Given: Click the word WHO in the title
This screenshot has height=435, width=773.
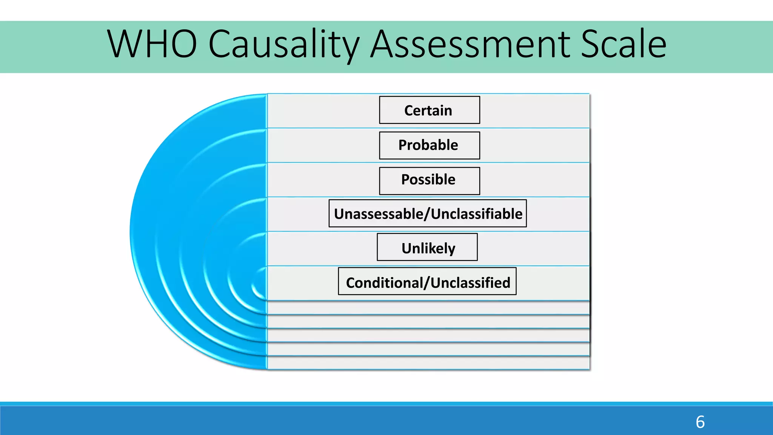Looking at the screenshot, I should (x=152, y=44).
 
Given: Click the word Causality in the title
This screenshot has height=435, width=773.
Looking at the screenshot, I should (x=283, y=44).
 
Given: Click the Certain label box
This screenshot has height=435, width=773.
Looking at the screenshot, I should (x=429, y=110).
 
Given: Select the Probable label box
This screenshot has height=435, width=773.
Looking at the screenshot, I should (x=429, y=145).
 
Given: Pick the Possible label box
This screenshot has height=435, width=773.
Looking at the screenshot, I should (x=429, y=180).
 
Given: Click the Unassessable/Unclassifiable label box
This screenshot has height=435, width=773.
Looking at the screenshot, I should (x=427, y=213).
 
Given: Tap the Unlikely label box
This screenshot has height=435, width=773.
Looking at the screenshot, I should (x=427, y=247).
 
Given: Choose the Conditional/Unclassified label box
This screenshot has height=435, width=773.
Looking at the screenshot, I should (x=427, y=281).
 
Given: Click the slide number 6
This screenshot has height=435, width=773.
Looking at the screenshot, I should (x=700, y=422).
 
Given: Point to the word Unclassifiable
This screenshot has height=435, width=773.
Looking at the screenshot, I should (x=476, y=214).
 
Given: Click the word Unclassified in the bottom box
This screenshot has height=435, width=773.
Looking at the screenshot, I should (x=470, y=283).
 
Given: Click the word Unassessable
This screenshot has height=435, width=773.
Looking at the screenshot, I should (x=379, y=214).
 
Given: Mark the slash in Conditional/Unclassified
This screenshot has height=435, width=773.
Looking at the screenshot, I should (x=427, y=283).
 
